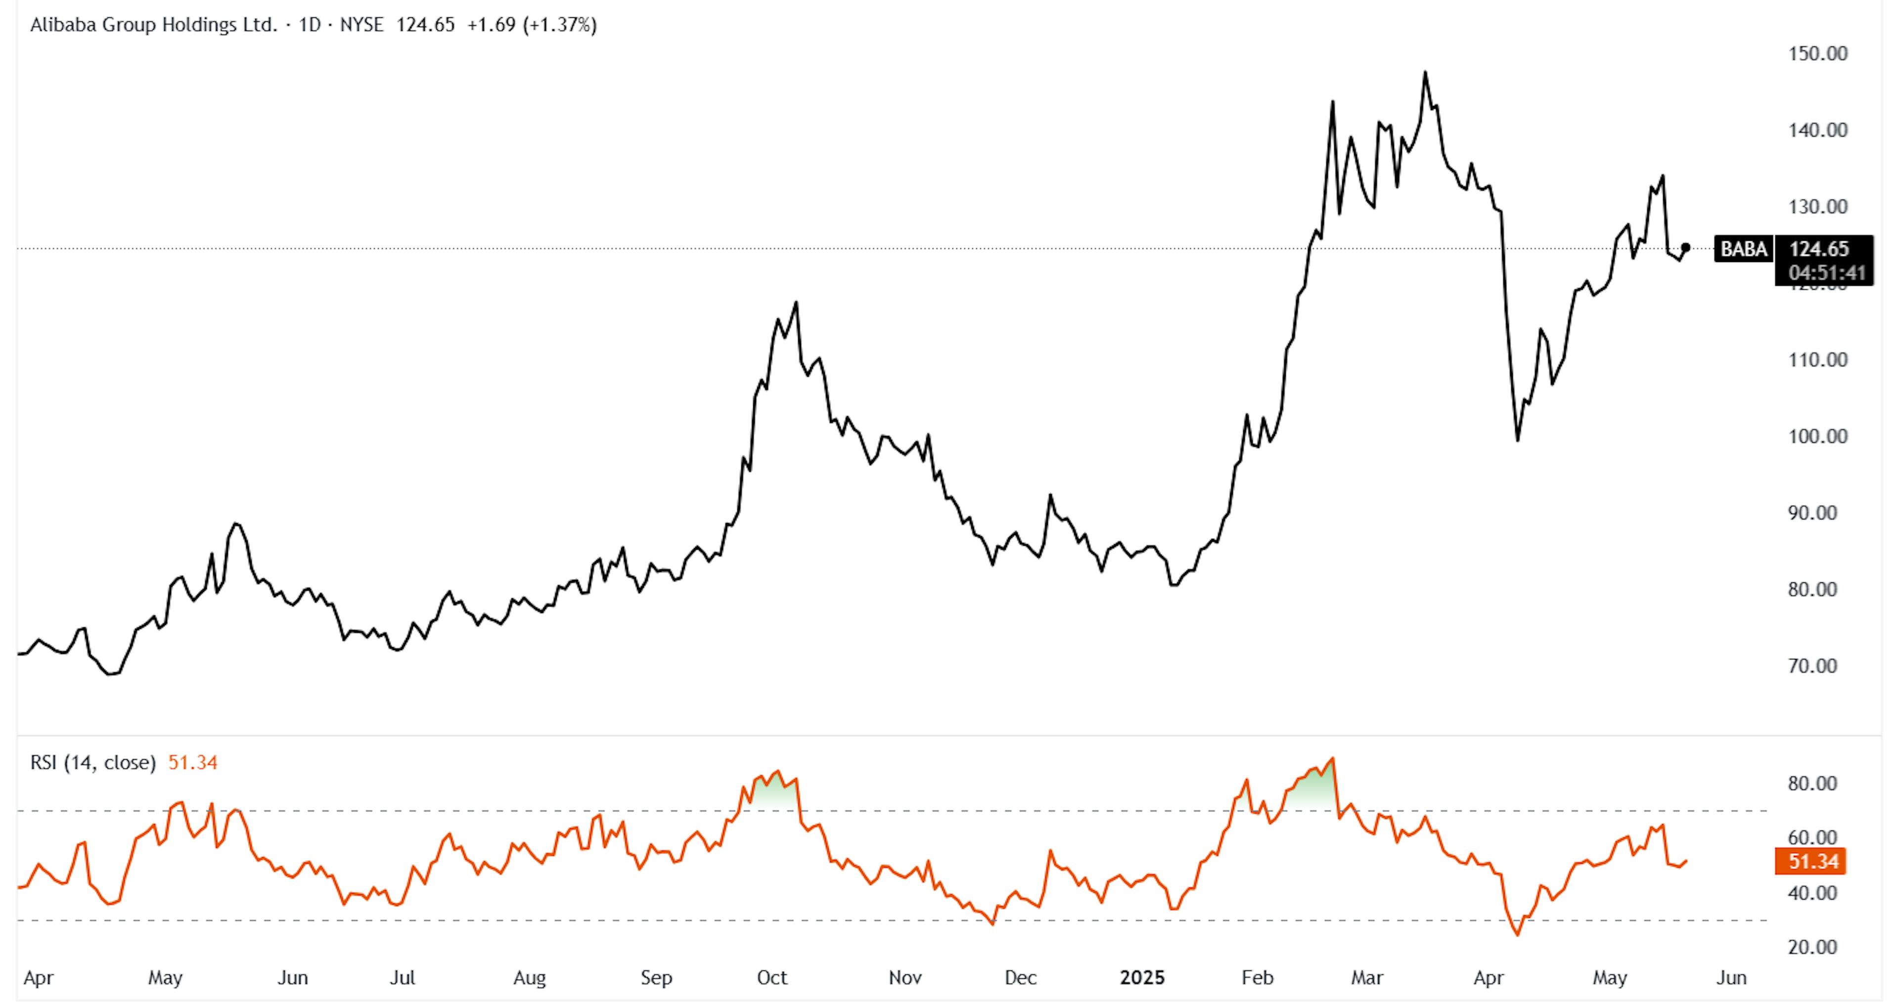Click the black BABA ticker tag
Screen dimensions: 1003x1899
[1743, 249]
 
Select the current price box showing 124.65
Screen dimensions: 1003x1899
[1823, 249]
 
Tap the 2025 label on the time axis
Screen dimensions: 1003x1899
[1142, 978]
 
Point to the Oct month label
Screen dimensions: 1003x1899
[772, 978]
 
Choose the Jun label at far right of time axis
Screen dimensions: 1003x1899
[1731, 978]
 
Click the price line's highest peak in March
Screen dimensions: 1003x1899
[1425, 72]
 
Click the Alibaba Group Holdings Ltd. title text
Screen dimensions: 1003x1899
[153, 25]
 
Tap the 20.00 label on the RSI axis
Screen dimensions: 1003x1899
[1811, 948]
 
